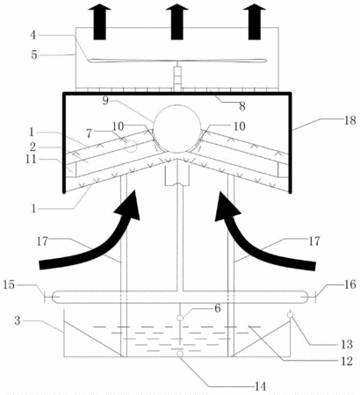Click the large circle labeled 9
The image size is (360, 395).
tap(154, 129)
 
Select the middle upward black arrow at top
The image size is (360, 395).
tap(176, 22)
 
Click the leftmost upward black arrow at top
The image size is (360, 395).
tap(100, 22)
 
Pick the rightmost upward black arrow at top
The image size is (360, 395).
tap(255, 22)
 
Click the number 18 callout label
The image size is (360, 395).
tap(349, 120)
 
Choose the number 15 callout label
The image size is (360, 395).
tap(9, 284)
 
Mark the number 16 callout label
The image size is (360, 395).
tap(349, 284)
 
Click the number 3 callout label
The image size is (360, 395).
tap(18, 320)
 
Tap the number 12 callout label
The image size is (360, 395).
tap(347, 362)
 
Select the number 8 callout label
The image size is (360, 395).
tap(242, 106)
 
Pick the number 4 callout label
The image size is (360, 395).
tap(33, 35)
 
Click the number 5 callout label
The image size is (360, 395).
tap(34, 54)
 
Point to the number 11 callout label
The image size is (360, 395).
tap(31, 159)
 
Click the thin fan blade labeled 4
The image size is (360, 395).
tap(177, 61)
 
